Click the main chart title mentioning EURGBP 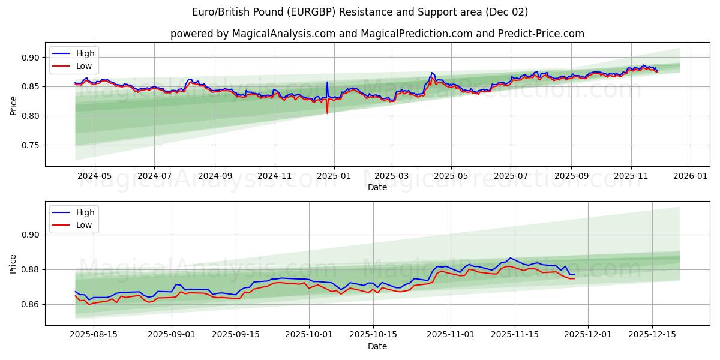pyautogui.click(x=360, y=12)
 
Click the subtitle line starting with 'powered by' pyautogui.click(x=377, y=34)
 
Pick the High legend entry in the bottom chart pyautogui.click(x=84, y=212)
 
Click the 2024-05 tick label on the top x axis pyautogui.click(x=94, y=176)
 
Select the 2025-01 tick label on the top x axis pyautogui.click(x=334, y=176)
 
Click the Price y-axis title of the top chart pyautogui.click(x=13, y=106)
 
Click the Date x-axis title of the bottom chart pyautogui.click(x=377, y=346)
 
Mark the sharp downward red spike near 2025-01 pyautogui.click(x=327, y=112)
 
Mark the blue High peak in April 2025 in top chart pyautogui.click(x=431, y=73)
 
